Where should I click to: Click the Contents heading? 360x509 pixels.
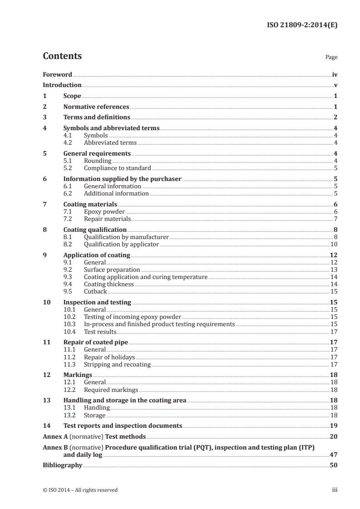[62, 56]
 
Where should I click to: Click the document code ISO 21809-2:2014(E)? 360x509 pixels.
[301, 25]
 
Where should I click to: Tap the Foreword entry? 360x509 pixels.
[57, 74]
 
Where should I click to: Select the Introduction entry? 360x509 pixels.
[62, 85]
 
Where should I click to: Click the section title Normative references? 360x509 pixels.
[96, 107]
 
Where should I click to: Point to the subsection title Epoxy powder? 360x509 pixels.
[104, 211]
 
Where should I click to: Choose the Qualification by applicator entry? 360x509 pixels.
[121, 244]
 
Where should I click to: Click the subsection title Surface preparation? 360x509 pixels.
[112, 269]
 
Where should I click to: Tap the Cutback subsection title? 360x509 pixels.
[95, 291]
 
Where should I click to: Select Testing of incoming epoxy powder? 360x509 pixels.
[133, 317]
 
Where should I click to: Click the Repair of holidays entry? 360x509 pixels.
[109, 357]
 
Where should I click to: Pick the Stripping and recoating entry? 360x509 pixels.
[117, 364]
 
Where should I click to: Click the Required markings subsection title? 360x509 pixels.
[111, 390]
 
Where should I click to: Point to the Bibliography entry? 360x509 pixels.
[62, 465]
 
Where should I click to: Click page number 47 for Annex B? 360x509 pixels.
[333, 454]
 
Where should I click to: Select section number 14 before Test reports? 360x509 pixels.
[46, 426]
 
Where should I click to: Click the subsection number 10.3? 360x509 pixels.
[70, 324]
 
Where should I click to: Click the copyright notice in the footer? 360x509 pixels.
[80, 490]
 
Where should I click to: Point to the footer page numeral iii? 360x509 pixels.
[335, 490]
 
